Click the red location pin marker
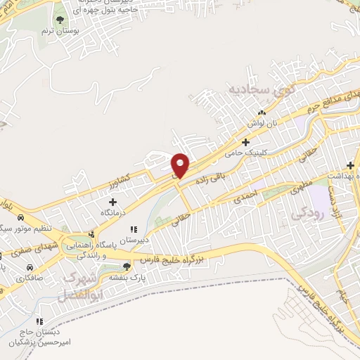[180, 165]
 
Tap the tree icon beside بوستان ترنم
[59, 20]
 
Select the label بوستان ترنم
[58, 32]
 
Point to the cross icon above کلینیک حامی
[245, 142]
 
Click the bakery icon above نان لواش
[262, 112]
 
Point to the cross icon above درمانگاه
[112, 202]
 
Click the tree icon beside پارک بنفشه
[127, 266]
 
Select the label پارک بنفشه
[121, 277]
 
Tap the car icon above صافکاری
[30, 268]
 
